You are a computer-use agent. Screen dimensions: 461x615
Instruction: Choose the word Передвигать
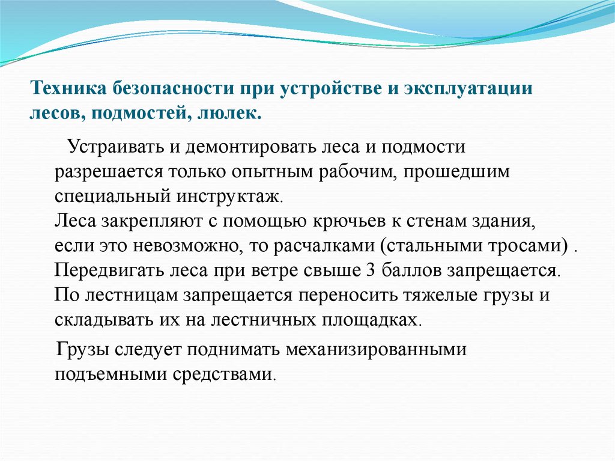101,270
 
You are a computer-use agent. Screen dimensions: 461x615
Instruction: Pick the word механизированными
362,350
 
